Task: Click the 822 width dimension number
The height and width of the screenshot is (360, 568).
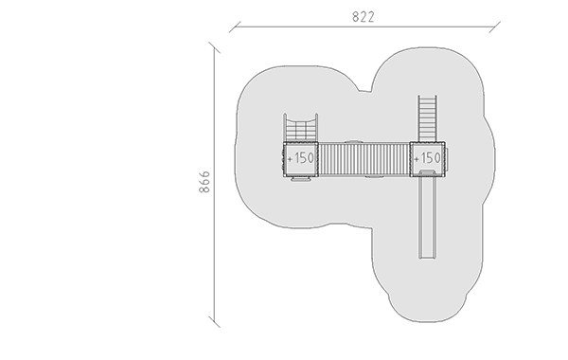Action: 364,17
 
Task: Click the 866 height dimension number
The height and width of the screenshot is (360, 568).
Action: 204,182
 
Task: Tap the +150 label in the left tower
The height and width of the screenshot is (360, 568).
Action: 301,158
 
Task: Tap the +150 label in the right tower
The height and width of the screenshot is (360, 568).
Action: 428,158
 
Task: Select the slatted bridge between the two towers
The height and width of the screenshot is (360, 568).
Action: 364,160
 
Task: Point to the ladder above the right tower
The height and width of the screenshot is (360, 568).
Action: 428,118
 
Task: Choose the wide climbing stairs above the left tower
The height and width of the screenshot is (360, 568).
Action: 301,128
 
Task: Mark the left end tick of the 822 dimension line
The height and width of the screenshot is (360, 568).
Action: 235,27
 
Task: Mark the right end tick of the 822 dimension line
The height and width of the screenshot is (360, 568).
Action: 495,27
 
